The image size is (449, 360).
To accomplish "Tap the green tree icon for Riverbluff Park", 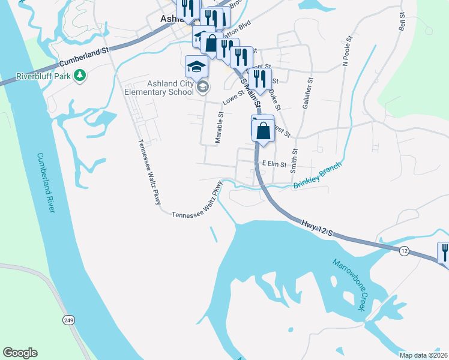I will click(x=79, y=76).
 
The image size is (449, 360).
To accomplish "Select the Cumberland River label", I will click(x=46, y=182).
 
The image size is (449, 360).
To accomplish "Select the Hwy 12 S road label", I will click(x=317, y=227).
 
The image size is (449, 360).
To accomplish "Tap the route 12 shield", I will click(x=404, y=251).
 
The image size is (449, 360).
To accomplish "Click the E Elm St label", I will click(x=274, y=163).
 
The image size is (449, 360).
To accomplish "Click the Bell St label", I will click(x=403, y=22).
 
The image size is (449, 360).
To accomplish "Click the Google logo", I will click(x=20, y=353).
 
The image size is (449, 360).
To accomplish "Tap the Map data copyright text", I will click(x=423, y=355).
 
